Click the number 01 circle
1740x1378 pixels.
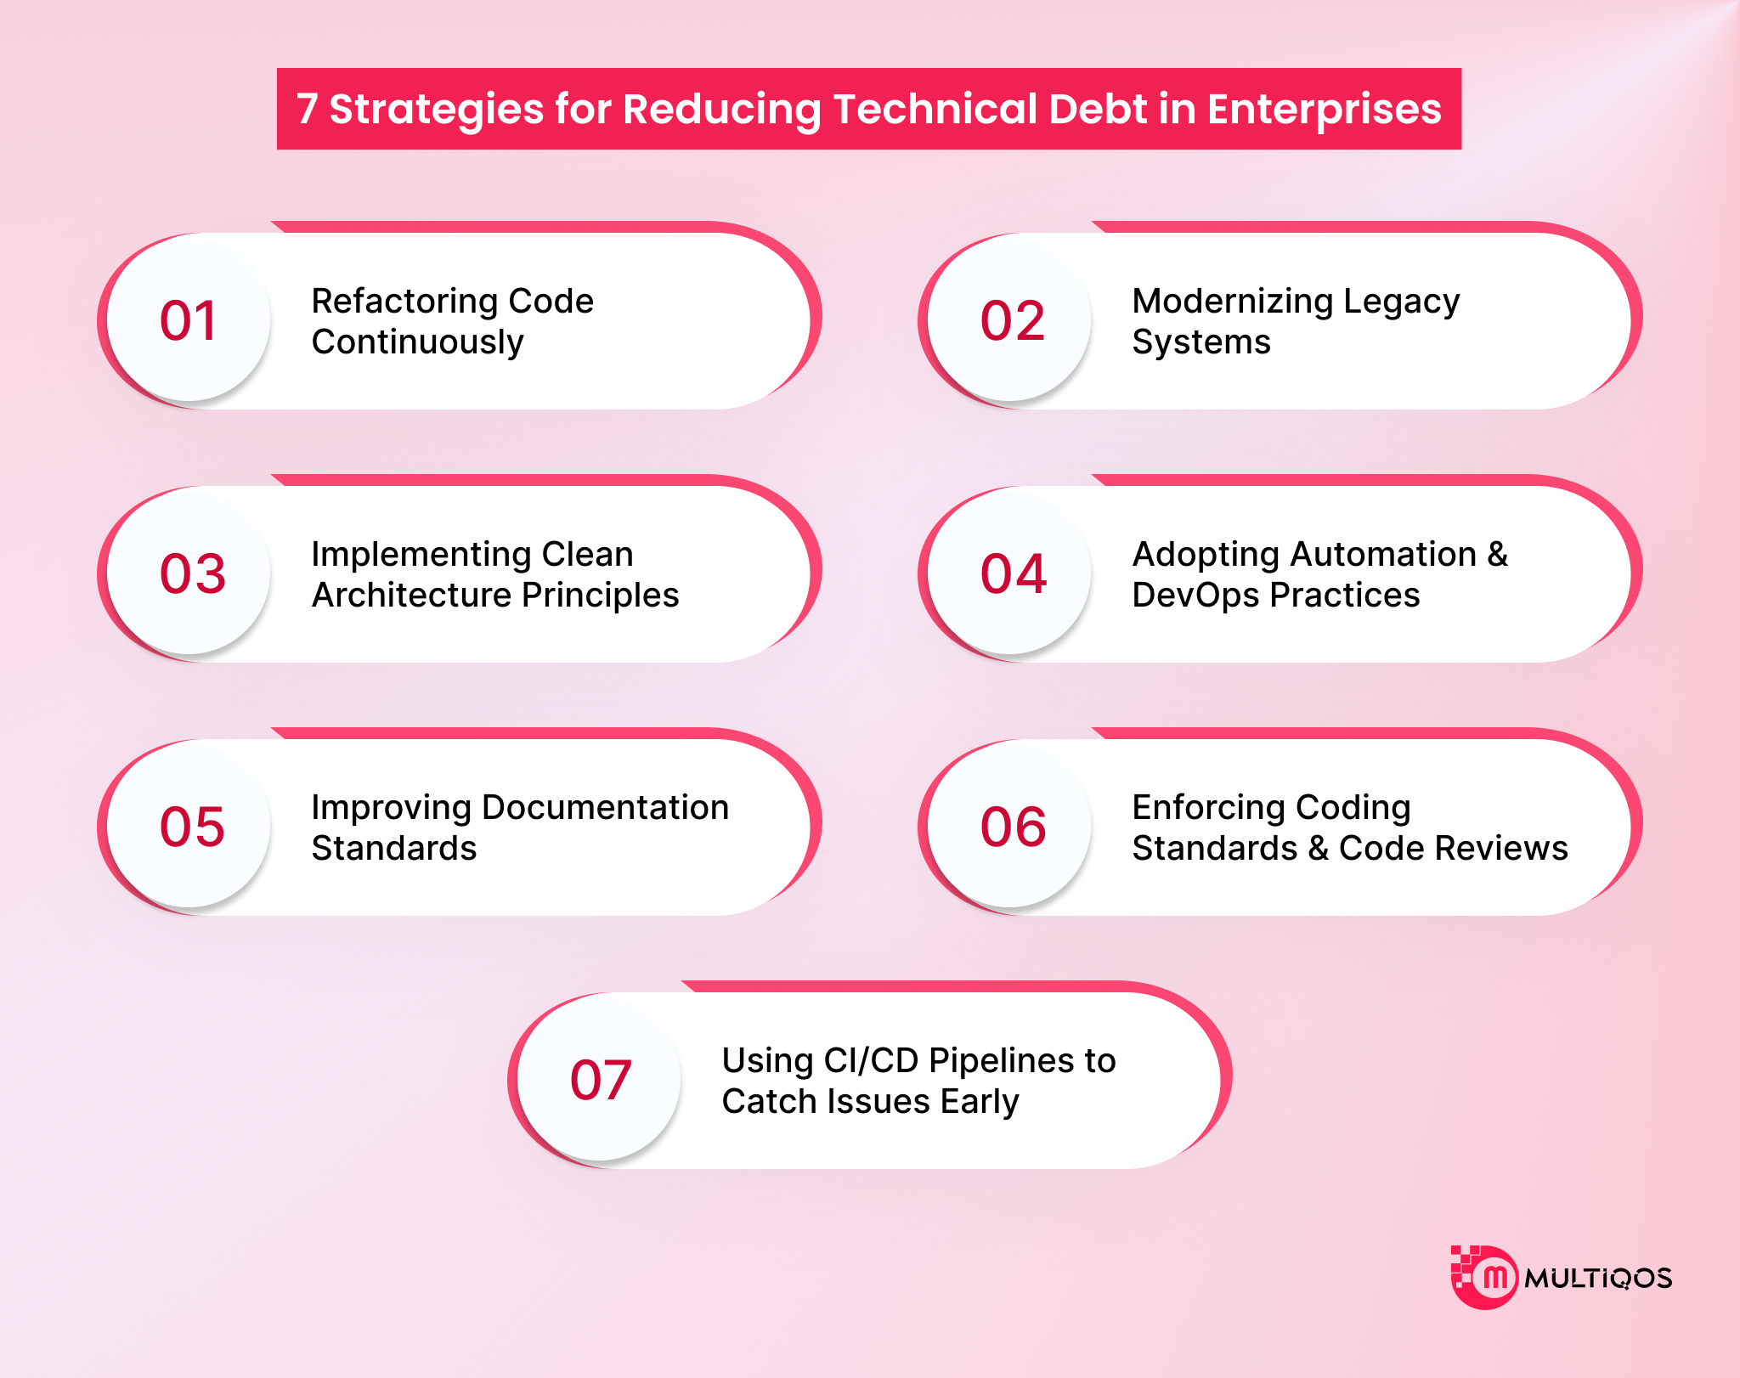point(189,319)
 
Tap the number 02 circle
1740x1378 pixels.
point(1009,319)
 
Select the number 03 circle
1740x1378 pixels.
point(189,573)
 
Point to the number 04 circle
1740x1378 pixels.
point(1009,573)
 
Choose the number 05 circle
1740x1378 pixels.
point(189,826)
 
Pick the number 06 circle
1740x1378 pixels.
point(1009,826)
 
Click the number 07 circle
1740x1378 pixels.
point(599,1079)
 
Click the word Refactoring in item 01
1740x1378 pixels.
point(404,302)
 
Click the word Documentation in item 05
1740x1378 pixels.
point(605,807)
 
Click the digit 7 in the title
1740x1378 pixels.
point(307,110)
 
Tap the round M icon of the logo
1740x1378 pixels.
point(1485,1277)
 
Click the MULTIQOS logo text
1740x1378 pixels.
point(1598,1278)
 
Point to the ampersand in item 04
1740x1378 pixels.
point(1497,554)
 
